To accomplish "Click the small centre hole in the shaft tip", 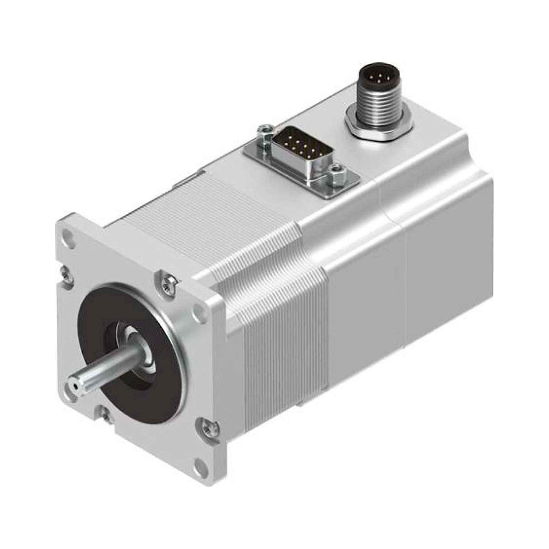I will [75, 386].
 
